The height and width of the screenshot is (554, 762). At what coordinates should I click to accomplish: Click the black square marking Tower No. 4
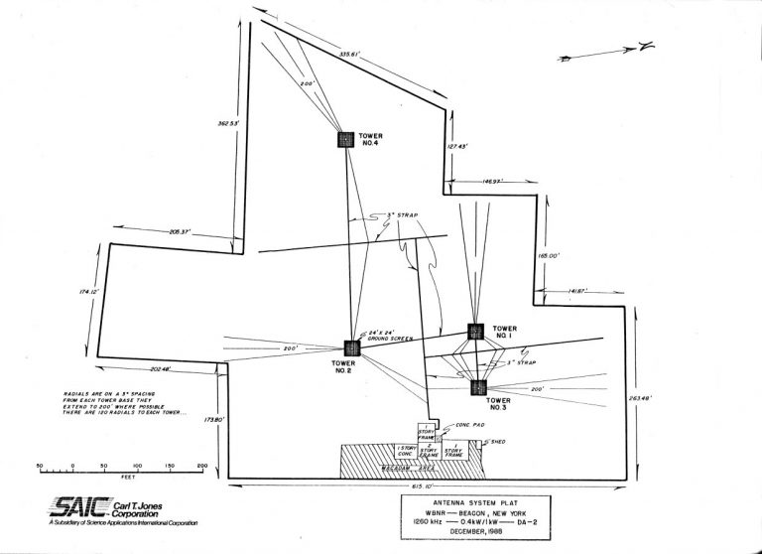point(345,140)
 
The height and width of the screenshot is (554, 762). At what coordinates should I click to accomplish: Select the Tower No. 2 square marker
point(350,347)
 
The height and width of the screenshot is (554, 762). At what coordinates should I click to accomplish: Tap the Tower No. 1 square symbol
point(475,331)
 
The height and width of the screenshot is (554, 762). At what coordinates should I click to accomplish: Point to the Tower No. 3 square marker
point(478,387)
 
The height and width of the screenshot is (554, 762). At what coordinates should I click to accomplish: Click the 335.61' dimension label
point(349,53)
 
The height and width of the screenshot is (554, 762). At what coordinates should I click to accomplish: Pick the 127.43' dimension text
point(456,146)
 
